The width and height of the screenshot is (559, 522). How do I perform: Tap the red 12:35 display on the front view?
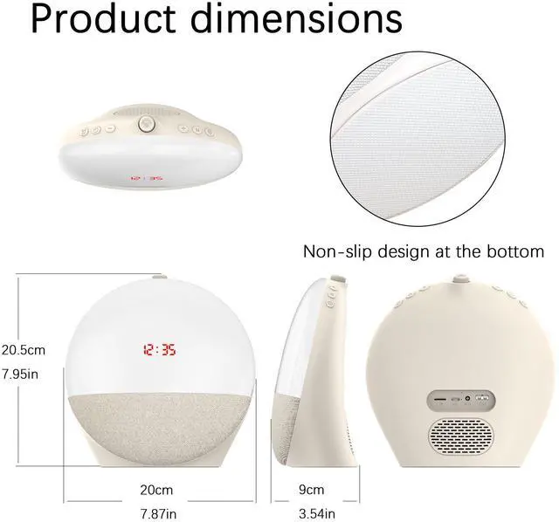point(158,351)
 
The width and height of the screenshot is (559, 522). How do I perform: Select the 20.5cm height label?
point(24,349)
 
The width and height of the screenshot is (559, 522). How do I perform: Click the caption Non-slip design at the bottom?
point(423,252)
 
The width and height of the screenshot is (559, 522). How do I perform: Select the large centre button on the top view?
point(147,126)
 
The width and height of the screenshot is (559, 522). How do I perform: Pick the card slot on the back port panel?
point(440,400)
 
